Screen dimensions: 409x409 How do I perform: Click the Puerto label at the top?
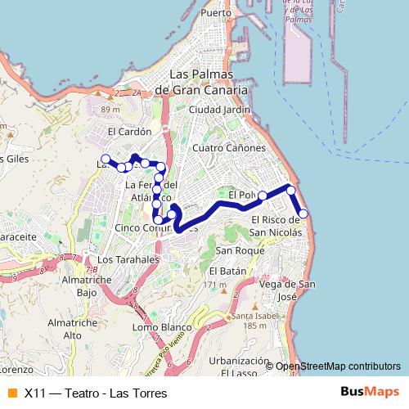tap(217, 13)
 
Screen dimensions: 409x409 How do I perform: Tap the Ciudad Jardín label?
tap(218, 109)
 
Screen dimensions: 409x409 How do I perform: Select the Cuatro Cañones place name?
tap(228, 148)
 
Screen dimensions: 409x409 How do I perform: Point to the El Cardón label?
tap(130, 131)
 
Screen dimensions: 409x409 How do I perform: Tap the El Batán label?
tap(227, 271)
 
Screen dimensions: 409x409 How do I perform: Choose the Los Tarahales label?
tap(127, 259)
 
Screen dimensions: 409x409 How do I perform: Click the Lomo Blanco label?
tap(161, 327)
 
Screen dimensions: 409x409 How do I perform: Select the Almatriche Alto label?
tap(73, 329)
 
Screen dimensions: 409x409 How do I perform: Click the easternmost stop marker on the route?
tap(303, 213)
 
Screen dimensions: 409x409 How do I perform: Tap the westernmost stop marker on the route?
tap(104, 159)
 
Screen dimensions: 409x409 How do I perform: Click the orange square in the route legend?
tap(11, 393)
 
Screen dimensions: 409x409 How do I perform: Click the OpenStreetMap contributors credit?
tap(337, 366)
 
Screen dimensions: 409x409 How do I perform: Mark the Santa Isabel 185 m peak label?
tap(249, 321)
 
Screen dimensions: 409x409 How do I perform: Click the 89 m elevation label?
tap(106, 108)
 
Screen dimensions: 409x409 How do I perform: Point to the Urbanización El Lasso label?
tap(239, 366)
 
